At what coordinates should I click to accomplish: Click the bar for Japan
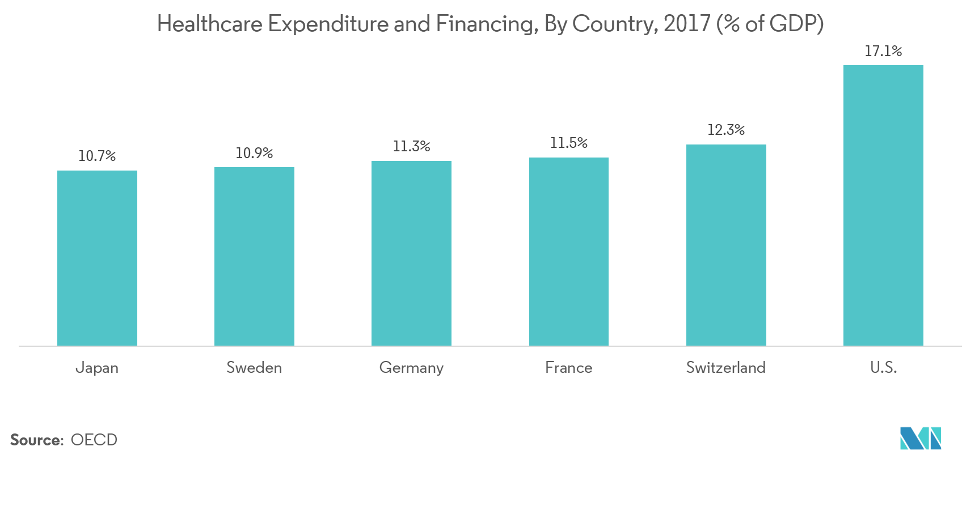click(97, 258)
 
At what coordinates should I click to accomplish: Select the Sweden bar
click(254, 256)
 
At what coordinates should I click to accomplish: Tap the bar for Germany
click(411, 253)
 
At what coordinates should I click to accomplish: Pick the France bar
click(568, 252)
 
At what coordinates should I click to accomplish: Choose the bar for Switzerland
click(726, 245)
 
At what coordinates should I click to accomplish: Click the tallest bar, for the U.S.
click(883, 205)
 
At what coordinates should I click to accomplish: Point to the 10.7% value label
click(97, 156)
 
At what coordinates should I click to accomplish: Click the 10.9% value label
click(254, 153)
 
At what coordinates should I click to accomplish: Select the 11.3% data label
click(411, 146)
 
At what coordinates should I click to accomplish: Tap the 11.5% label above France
click(568, 143)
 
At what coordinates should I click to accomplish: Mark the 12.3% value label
click(726, 130)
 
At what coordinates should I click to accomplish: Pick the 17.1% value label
click(883, 51)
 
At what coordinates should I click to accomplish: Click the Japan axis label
click(97, 368)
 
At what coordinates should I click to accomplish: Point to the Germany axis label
click(411, 368)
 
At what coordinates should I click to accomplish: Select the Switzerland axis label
click(725, 368)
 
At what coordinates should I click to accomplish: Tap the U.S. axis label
click(883, 368)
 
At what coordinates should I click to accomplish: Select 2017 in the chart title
click(686, 24)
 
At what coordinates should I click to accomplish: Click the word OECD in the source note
click(94, 440)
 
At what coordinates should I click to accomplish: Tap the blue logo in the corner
click(920, 438)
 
